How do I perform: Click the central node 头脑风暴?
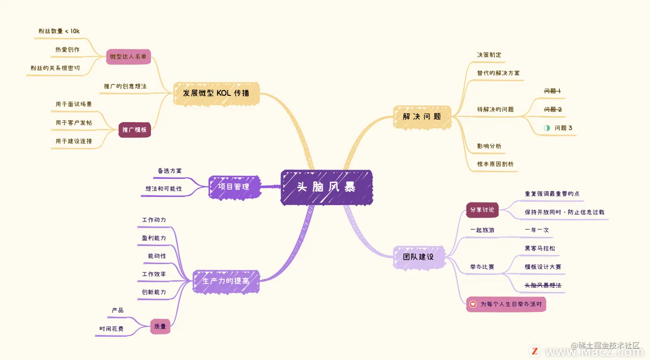326,187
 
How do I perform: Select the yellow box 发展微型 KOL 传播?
216,93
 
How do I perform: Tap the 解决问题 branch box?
422,116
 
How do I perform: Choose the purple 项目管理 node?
234,187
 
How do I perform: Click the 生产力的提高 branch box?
226,281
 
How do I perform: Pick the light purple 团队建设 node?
418,257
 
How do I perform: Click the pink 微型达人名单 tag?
128,57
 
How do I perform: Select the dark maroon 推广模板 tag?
135,130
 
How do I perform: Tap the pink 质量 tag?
160,326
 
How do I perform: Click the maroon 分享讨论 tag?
482,210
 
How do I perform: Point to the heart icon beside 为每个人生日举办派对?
473,304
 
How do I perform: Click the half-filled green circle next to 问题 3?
547,128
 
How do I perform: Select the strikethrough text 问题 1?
552,91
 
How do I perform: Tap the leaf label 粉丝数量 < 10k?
59,31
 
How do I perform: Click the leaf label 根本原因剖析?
495,164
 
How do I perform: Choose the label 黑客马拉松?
540,248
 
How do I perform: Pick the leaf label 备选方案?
170,171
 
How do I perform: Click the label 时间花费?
111,329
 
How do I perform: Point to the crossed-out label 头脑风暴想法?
543,285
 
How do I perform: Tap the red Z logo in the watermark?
535,351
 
